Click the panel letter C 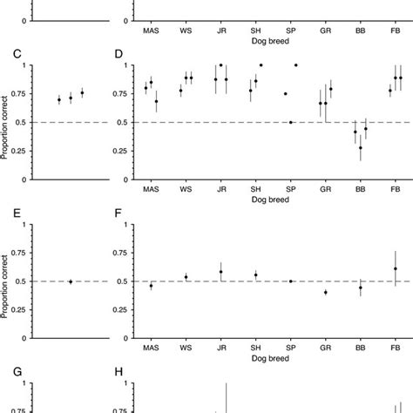(x=17, y=54)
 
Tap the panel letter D (x=120, y=54)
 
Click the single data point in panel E (x=71, y=281)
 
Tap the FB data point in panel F (x=396, y=269)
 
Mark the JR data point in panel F (x=221, y=272)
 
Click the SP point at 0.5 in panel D (x=291, y=123)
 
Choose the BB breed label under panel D (x=361, y=189)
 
